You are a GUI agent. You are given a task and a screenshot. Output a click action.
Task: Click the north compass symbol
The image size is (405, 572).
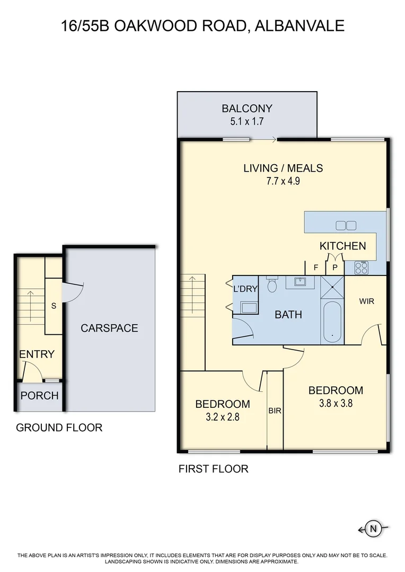pos(374,528)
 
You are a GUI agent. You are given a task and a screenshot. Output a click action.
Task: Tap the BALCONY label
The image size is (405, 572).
pos(247,109)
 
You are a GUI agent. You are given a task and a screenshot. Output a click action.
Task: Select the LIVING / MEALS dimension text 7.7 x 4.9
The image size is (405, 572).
pos(283,181)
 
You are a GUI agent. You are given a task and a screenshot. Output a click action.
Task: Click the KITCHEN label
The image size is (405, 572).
pos(342,246)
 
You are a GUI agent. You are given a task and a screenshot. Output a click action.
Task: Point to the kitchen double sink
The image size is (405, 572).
pos(346,226)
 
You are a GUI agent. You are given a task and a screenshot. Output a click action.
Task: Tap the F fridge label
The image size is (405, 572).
pos(316,267)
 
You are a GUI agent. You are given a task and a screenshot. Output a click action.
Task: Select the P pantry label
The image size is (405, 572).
pos(334,267)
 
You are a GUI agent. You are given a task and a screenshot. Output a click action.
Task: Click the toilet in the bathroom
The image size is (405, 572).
pos(272,285)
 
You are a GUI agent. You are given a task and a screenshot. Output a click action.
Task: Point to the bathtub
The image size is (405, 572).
pos(332,321)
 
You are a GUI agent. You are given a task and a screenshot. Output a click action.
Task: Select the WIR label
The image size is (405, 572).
pos(367,301)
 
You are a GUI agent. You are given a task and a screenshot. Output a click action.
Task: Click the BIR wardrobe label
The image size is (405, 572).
pos(275,410)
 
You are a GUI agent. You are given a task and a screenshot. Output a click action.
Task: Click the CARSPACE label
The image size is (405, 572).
pos(109,328)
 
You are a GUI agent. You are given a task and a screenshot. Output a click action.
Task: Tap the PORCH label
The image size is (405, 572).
pos(39,396)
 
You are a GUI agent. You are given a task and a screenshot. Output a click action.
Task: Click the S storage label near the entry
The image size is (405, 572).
pos(54,306)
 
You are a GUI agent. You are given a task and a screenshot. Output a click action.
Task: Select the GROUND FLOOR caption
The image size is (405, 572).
pos(59,427)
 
